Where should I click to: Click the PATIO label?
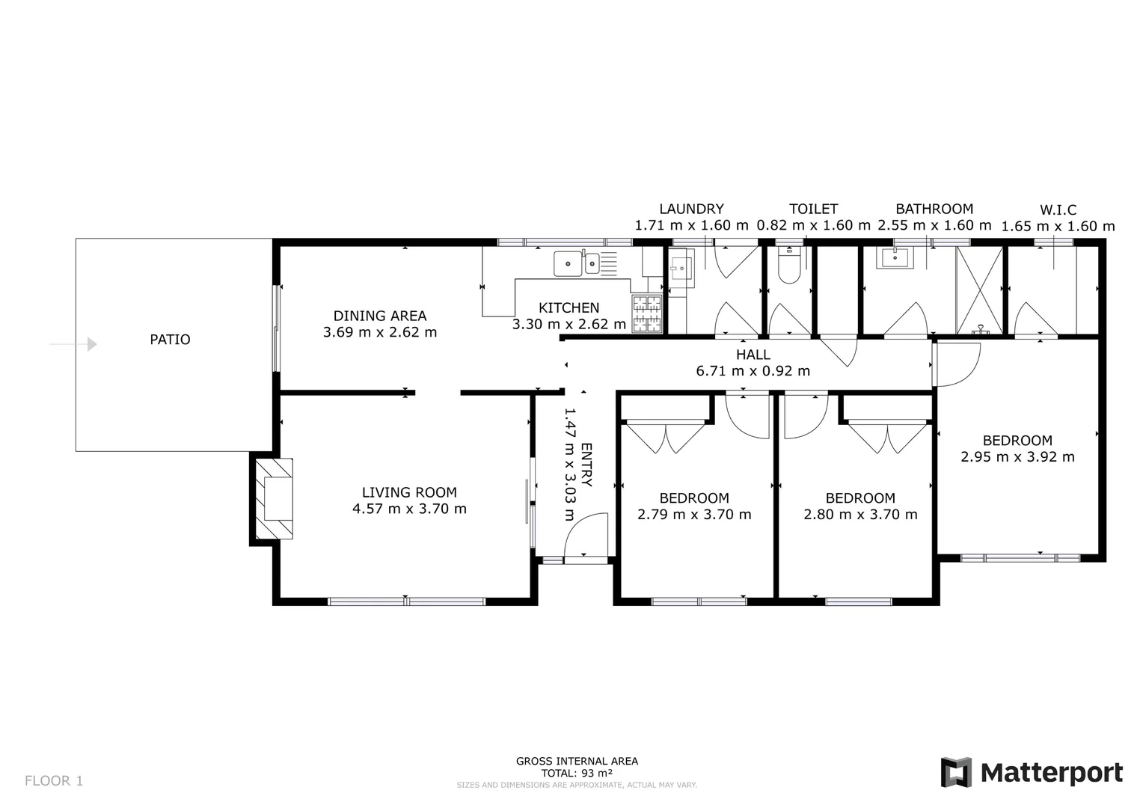coord(170,340)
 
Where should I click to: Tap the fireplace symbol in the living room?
coord(273,498)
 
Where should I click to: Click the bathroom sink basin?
coord(895,258)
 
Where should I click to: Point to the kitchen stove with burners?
coord(647,314)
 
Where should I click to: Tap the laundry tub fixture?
coord(681,267)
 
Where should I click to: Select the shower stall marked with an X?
coord(979,290)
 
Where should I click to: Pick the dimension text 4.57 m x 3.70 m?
coord(409,509)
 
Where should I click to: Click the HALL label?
coord(753,355)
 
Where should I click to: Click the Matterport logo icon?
coord(955,772)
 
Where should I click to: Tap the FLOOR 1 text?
coord(54,781)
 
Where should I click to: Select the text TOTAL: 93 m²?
coord(577,773)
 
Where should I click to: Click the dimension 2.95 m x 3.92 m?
coord(1017,457)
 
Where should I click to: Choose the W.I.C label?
coord(1058,210)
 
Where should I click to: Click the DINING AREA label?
coord(380,316)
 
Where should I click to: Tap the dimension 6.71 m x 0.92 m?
coord(753,371)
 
